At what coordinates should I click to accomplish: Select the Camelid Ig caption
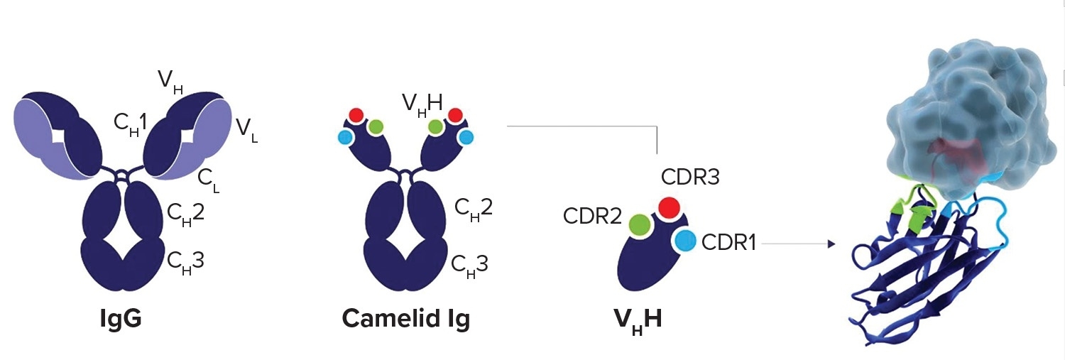point(405,319)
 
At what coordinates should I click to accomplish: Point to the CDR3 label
point(690,177)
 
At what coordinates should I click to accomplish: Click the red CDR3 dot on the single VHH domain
point(667,207)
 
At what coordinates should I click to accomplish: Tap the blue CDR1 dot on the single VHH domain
point(685,241)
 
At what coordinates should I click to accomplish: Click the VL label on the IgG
point(246,130)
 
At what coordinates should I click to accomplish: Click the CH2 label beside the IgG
point(186,212)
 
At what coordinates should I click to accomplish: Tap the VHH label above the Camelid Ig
point(422,104)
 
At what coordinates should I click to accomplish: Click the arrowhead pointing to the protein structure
point(829,244)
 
